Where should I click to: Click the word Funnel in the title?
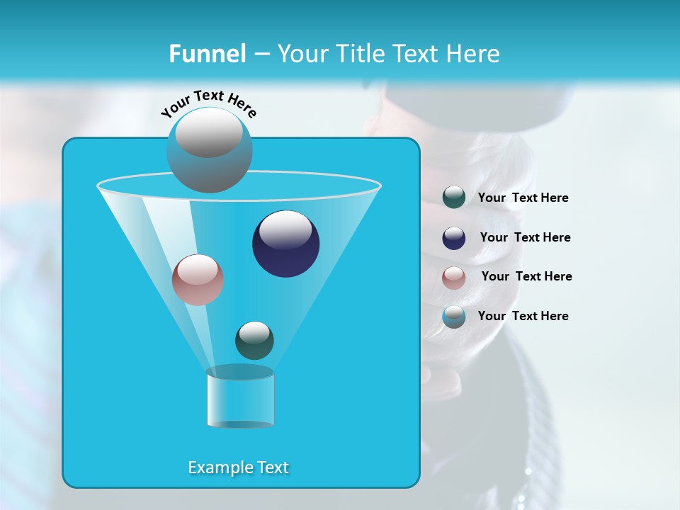point(207,54)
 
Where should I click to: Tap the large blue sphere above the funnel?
point(210,150)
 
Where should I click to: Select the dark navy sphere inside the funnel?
point(286,245)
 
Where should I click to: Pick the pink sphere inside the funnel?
point(198,280)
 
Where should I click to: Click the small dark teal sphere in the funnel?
point(254,341)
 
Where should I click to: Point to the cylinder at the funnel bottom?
point(240,397)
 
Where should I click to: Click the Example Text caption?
point(239,467)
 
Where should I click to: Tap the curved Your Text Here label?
point(208,103)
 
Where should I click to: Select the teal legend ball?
point(454,198)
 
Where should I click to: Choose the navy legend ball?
point(454,238)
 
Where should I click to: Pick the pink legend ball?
point(454,278)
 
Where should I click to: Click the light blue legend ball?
point(454,317)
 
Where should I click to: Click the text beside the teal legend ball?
point(523,198)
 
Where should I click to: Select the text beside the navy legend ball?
point(525,237)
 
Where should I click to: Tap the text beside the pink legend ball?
point(526,276)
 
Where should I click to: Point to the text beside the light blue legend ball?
point(523,316)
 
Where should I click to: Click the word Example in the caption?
point(217,467)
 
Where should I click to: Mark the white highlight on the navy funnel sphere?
point(285,229)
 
